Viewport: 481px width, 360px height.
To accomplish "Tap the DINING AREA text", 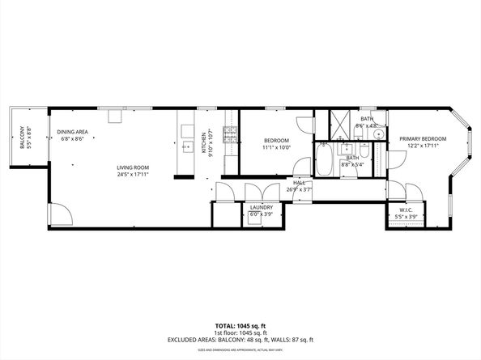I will click(72, 132).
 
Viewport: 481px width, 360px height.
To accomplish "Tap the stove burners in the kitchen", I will click(230, 135).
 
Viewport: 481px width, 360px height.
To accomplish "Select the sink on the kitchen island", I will click(185, 146).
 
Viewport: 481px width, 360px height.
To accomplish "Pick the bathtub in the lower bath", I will click(322, 161).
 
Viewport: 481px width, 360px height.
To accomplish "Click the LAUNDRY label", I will click(261, 208).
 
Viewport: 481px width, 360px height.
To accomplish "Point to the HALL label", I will click(299, 184).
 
